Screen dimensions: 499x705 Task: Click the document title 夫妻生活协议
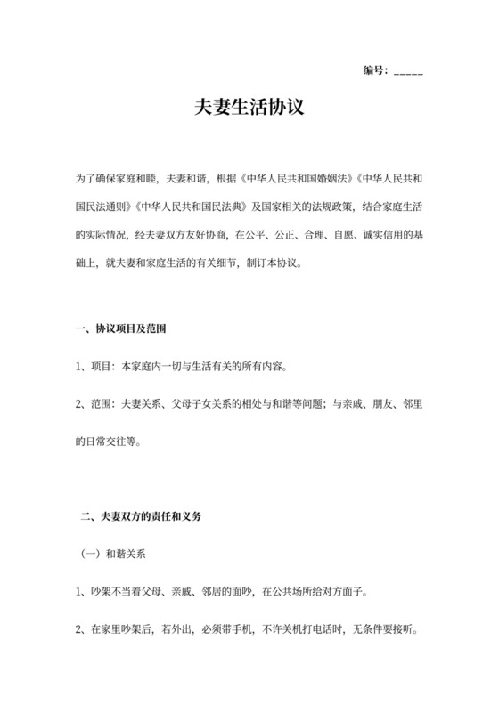[x=250, y=109]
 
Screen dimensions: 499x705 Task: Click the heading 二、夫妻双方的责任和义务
[x=141, y=515]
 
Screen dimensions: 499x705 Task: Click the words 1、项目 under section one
[x=94, y=367]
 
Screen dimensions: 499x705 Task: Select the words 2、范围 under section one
[x=94, y=403]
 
